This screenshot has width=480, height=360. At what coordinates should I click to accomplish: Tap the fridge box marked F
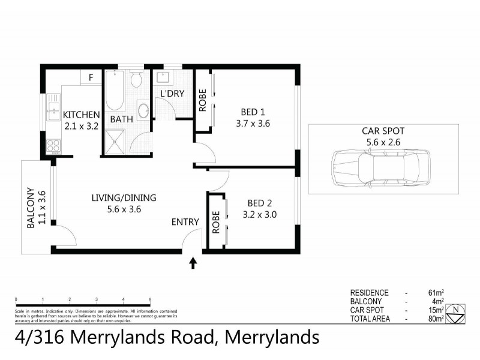coord(91,77)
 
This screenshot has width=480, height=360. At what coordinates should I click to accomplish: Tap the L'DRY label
coord(172,94)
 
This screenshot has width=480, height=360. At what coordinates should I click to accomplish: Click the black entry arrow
coord(193,262)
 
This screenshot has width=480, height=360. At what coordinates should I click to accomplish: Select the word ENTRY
coord(185,222)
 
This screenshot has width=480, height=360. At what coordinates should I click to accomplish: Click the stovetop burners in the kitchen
coord(53,145)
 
